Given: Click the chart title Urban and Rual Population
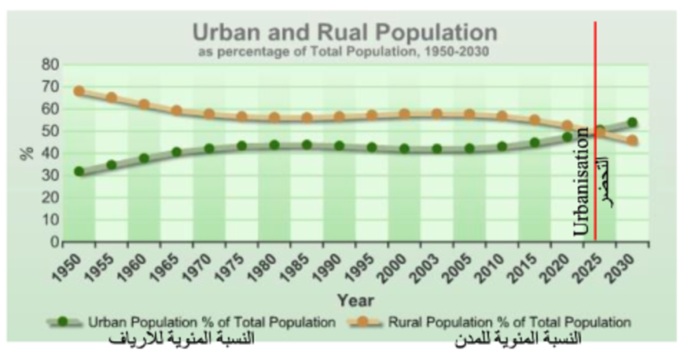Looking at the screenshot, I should (x=345, y=33).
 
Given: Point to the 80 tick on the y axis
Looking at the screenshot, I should (x=49, y=65).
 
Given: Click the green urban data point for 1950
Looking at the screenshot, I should (x=79, y=171).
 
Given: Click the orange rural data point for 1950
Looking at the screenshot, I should (x=79, y=91).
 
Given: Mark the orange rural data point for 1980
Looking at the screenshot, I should (x=274, y=118).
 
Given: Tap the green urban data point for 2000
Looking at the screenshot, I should (x=404, y=149).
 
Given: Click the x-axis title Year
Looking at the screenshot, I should (x=355, y=300).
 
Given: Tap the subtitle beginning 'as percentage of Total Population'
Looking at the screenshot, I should (x=345, y=52).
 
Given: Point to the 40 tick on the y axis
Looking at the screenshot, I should (x=49, y=153).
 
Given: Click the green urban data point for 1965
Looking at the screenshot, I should (x=176, y=152).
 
